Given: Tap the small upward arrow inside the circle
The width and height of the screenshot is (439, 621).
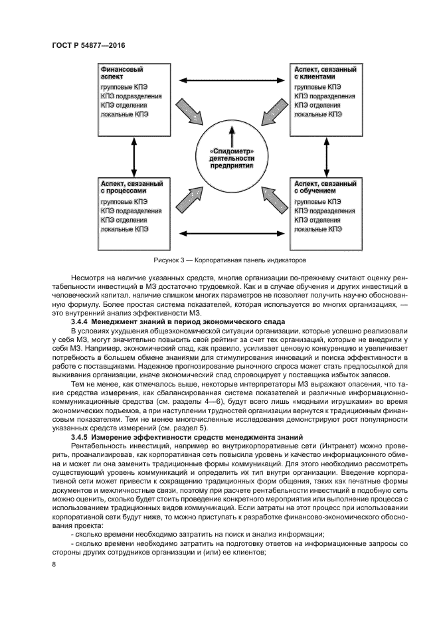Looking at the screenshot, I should (x=232, y=137).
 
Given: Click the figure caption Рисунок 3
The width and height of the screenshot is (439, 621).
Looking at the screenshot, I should (x=230, y=260).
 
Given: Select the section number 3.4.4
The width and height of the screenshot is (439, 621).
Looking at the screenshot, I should (x=79, y=321).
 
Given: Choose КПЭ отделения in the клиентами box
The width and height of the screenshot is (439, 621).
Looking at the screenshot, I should (x=318, y=105).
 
